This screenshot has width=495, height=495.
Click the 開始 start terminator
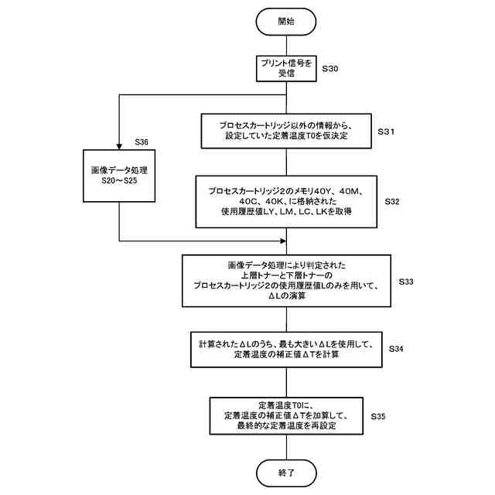(286, 22)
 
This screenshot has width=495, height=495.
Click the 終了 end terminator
(286, 471)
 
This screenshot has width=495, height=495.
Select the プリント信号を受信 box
(286, 68)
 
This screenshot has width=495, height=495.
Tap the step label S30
(330, 69)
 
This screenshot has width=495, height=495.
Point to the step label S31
(387, 132)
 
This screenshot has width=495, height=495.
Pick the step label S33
(406, 282)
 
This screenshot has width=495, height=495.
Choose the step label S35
(378, 417)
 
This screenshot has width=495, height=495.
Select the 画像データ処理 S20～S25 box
(119, 176)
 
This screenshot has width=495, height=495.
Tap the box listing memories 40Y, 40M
(286, 200)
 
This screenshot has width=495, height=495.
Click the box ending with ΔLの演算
(286, 281)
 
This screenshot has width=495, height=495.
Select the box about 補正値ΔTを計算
(286, 350)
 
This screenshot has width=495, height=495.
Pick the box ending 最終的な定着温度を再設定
(286, 416)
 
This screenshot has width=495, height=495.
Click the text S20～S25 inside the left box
(119, 183)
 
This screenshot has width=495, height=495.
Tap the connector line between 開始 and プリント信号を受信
(286, 45)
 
